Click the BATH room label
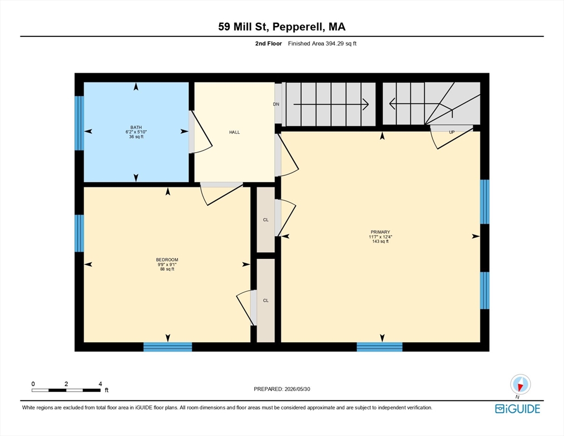pyautogui.click(x=136, y=128)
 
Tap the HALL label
pyautogui.click(x=234, y=132)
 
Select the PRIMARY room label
pyautogui.click(x=380, y=232)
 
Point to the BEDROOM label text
pyautogui.click(x=167, y=260)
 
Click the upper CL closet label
pyautogui.click(x=266, y=220)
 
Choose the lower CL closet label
pyautogui.click(x=266, y=301)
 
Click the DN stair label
pyautogui.click(x=276, y=104)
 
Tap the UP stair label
pyautogui.click(x=452, y=132)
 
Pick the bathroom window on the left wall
pyautogui.click(x=79, y=123)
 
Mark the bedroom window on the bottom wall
pyautogui.click(x=167, y=347)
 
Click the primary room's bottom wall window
pyautogui.click(x=380, y=347)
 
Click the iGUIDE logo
pyautogui.click(x=517, y=409)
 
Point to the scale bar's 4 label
pyautogui.click(x=100, y=384)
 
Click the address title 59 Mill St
pyautogui.click(x=244, y=27)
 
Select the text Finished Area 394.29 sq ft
pyautogui.click(x=322, y=44)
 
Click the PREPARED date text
pyautogui.click(x=282, y=389)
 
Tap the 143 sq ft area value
pyautogui.click(x=380, y=242)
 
